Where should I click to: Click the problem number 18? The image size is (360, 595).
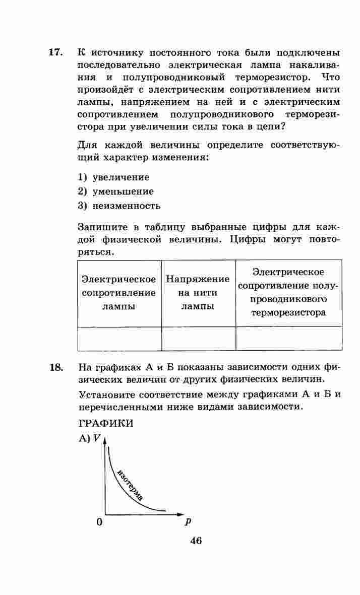[55, 367]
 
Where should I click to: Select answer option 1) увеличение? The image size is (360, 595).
[113, 177]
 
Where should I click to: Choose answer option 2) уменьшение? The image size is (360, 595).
[115, 191]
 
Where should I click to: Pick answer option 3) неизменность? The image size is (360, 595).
[119, 206]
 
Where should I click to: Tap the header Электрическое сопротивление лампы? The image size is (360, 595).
[119, 293]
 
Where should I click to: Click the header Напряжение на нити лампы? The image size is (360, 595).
[198, 293]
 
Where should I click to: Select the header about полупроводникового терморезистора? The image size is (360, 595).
[289, 293]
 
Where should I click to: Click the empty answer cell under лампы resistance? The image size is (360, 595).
[119, 338]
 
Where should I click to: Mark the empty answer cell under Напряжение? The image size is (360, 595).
[198, 338]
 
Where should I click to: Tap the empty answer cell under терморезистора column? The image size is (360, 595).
[289, 338]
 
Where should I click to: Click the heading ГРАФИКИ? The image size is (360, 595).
[105, 423]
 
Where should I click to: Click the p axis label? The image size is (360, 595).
[188, 521]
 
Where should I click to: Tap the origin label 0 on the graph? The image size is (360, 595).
[99, 521]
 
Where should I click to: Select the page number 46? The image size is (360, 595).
[196, 541]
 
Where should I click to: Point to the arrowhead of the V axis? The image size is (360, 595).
[105, 441]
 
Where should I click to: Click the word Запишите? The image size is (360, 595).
[102, 227]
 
